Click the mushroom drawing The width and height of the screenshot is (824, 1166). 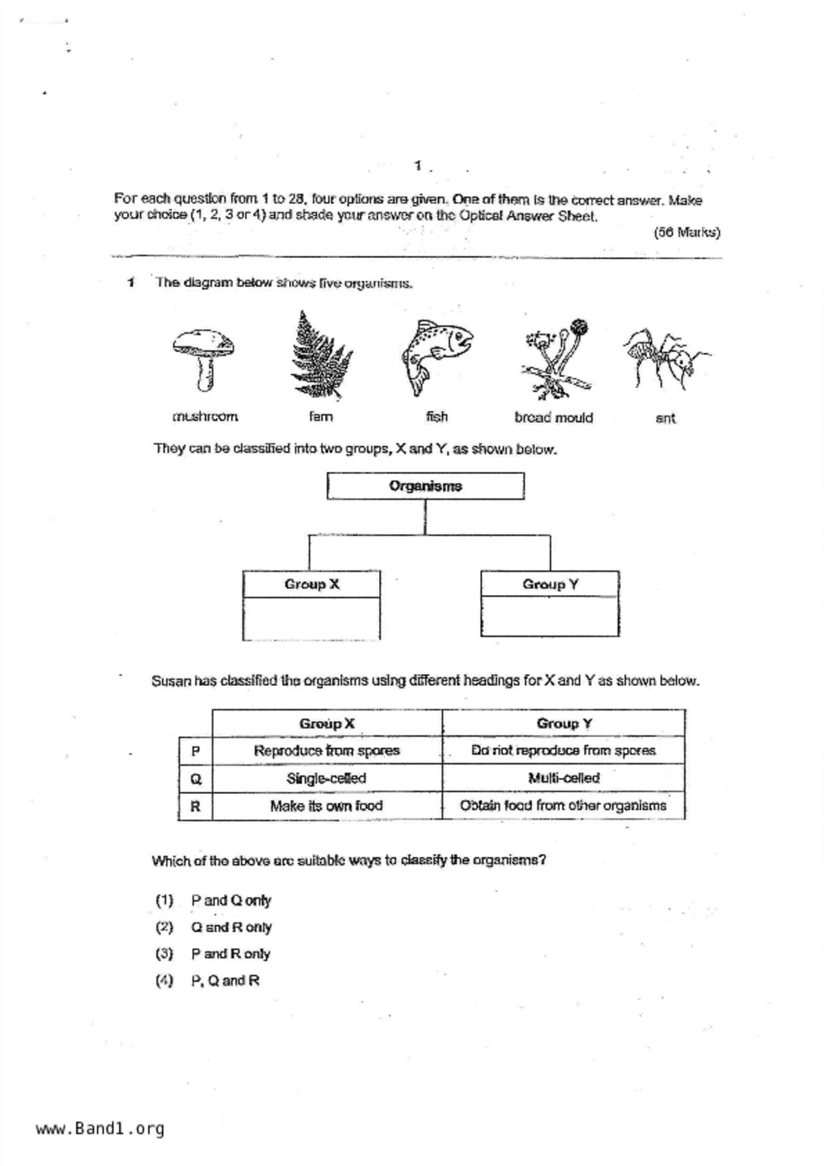pyautogui.click(x=203, y=358)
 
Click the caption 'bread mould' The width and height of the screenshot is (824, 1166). pyautogui.click(x=553, y=417)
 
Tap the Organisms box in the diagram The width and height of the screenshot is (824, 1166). pyautogui.click(x=425, y=486)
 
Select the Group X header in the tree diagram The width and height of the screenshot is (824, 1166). pyautogui.click(x=311, y=584)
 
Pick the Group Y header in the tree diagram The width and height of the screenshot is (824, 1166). pyautogui.click(x=550, y=584)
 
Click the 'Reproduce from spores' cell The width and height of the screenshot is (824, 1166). pyautogui.click(x=327, y=751)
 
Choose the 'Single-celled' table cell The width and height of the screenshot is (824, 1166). pyautogui.click(x=327, y=778)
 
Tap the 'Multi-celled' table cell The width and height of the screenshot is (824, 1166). pyautogui.click(x=563, y=778)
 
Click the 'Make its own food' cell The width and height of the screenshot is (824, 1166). pyautogui.click(x=327, y=806)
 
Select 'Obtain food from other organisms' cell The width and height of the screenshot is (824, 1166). pyautogui.click(x=563, y=806)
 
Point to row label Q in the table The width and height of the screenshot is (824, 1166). pyautogui.click(x=196, y=779)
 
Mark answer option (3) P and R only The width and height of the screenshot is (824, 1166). pyautogui.click(x=213, y=954)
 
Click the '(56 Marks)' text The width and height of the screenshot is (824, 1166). pyautogui.click(x=687, y=232)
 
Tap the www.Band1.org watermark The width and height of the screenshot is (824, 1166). pyautogui.click(x=100, y=1129)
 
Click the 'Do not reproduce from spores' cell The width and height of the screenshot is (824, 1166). pyautogui.click(x=563, y=751)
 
